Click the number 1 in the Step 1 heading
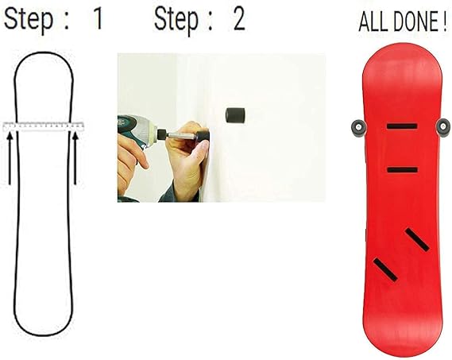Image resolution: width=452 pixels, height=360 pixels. (98, 18)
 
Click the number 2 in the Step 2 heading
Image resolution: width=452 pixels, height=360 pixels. (239, 18)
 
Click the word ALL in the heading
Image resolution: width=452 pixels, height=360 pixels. (373, 22)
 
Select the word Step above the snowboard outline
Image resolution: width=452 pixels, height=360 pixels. (29, 20)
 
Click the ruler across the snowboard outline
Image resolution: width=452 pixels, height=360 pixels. (43, 126)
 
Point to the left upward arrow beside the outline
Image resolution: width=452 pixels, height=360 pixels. (10, 158)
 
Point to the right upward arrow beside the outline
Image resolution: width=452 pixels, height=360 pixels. (75, 158)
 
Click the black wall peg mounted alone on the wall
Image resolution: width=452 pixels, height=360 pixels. (235, 115)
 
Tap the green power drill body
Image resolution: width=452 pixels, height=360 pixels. (136, 130)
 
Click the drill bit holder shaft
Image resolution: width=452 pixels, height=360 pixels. (177, 135)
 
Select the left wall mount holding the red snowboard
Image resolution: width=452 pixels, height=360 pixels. (358, 127)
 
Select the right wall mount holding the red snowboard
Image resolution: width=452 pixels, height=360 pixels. (443, 127)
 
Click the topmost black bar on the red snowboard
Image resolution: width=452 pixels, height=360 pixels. (402, 126)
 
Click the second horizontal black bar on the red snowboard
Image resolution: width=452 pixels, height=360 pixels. (403, 170)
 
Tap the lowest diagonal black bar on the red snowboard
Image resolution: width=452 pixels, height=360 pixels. (385, 269)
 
